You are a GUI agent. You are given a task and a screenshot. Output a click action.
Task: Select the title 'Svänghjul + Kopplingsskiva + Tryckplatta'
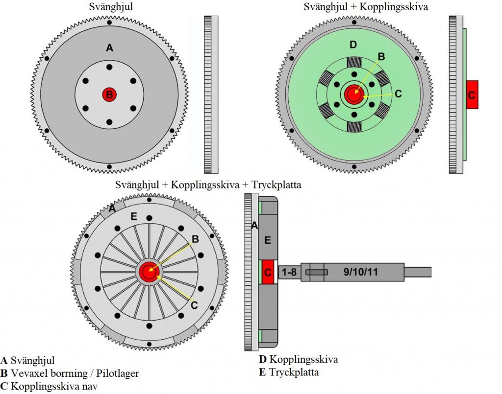[208, 185]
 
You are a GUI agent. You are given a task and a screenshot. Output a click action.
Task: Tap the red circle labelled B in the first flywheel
[109, 94]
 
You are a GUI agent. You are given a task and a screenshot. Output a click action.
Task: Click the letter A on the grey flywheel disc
[109, 47]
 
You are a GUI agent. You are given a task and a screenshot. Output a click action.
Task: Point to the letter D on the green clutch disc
[353, 46]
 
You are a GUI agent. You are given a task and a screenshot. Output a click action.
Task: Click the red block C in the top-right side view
[472, 94]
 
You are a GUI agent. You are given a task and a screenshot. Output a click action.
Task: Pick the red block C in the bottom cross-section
[267, 272]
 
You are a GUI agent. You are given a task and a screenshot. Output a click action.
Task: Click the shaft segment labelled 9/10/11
[360, 272]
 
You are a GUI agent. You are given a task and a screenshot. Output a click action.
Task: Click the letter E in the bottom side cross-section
[267, 240]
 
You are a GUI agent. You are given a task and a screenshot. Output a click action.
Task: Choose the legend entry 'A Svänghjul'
[28, 360]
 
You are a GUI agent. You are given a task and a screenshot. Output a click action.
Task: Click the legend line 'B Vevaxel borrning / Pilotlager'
[70, 373]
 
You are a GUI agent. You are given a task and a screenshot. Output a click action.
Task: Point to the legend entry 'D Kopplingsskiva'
[298, 360]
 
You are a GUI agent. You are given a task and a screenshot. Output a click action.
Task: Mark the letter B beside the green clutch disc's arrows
[381, 56]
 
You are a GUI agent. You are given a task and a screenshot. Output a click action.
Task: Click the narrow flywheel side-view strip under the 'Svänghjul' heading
[211, 94]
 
